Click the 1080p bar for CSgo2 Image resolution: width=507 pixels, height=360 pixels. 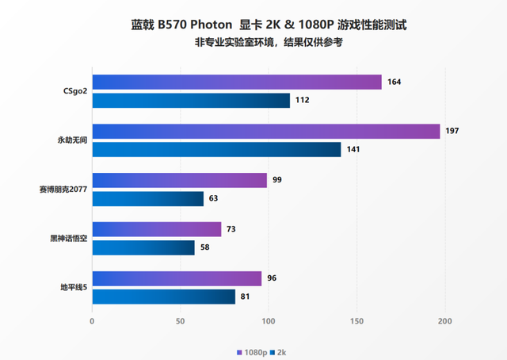tap(237, 82)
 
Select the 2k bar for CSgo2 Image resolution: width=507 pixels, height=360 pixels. tap(191, 100)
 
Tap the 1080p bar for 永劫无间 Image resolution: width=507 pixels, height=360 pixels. tap(266, 131)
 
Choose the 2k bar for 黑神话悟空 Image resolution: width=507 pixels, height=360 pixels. tap(143, 247)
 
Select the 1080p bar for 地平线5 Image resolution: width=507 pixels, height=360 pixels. tap(177, 278)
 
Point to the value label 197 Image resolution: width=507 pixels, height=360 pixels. tap(452, 131)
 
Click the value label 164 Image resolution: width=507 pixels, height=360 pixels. tap(395, 82)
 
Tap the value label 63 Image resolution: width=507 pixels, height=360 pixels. tap(213, 198)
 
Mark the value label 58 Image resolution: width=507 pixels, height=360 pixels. tap(204, 247)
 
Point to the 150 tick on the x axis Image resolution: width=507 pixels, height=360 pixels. tap(356, 320)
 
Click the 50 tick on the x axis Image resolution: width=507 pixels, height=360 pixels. tap(181, 320)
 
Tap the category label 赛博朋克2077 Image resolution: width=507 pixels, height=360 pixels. tap(62, 190)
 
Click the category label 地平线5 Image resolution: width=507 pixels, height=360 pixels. tap(73, 287)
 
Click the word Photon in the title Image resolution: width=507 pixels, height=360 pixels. tap(208, 25)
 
